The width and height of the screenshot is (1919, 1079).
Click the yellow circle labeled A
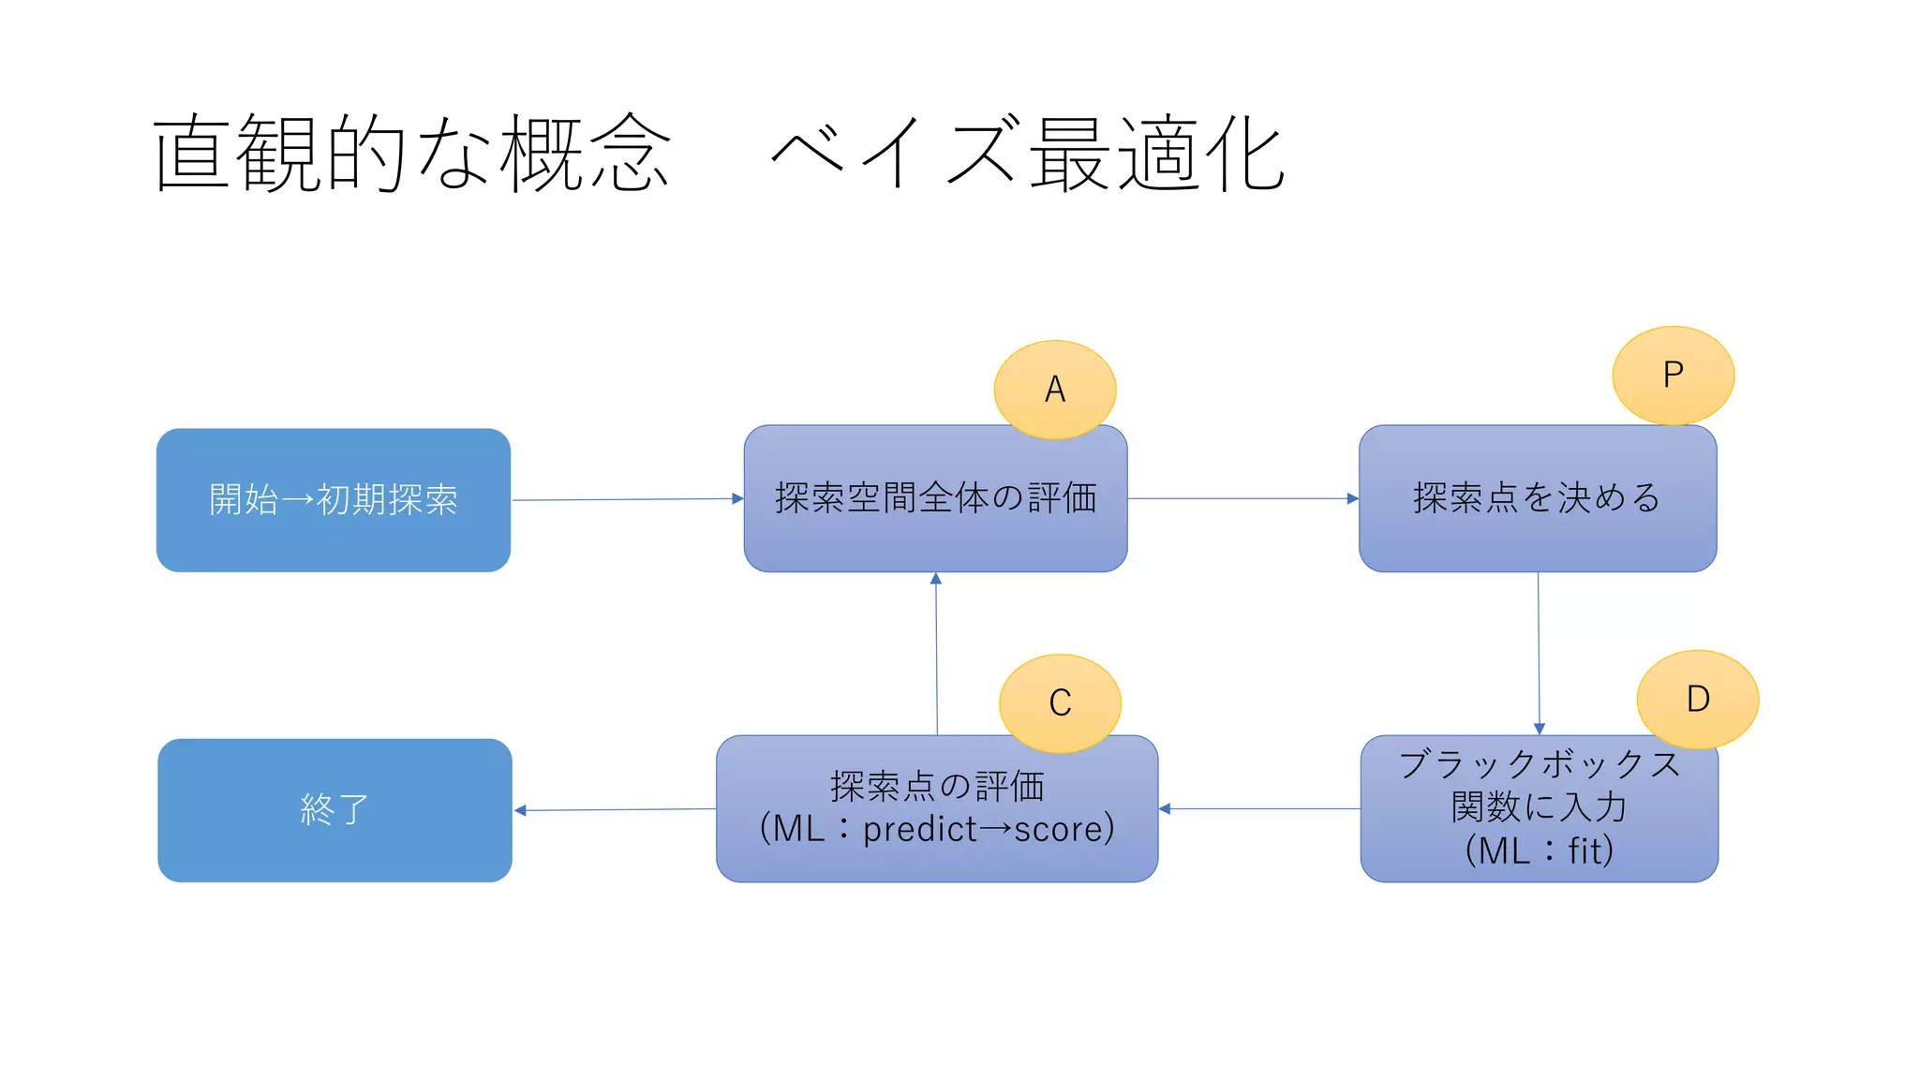[x=1054, y=390]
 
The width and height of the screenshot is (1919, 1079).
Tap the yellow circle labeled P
[x=1673, y=376]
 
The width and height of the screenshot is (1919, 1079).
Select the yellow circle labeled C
[x=1060, y=702]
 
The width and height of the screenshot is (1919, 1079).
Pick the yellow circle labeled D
[x=1697, y=699]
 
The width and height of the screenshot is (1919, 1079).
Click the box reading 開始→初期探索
[x=334, y=500]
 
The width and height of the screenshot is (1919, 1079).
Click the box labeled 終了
[x=335, y=810]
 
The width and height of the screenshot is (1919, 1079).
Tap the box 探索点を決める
[x=1537, y=498]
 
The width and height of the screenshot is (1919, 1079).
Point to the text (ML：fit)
[x=1539, y=850]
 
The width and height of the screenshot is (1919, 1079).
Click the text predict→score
[x=988, y=829]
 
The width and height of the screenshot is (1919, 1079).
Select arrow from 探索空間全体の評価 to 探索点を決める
[x=1242, y=498]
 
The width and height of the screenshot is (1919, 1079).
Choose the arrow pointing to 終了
[x=615, y=809]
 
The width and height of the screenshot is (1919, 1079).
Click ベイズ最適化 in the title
[x=1027, y=154]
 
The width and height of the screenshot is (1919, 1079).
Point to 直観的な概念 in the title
[x=412, y=154]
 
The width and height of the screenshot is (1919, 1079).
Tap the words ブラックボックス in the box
[x=1539, y=764]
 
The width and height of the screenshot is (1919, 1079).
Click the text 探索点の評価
[x=936, y=786]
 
